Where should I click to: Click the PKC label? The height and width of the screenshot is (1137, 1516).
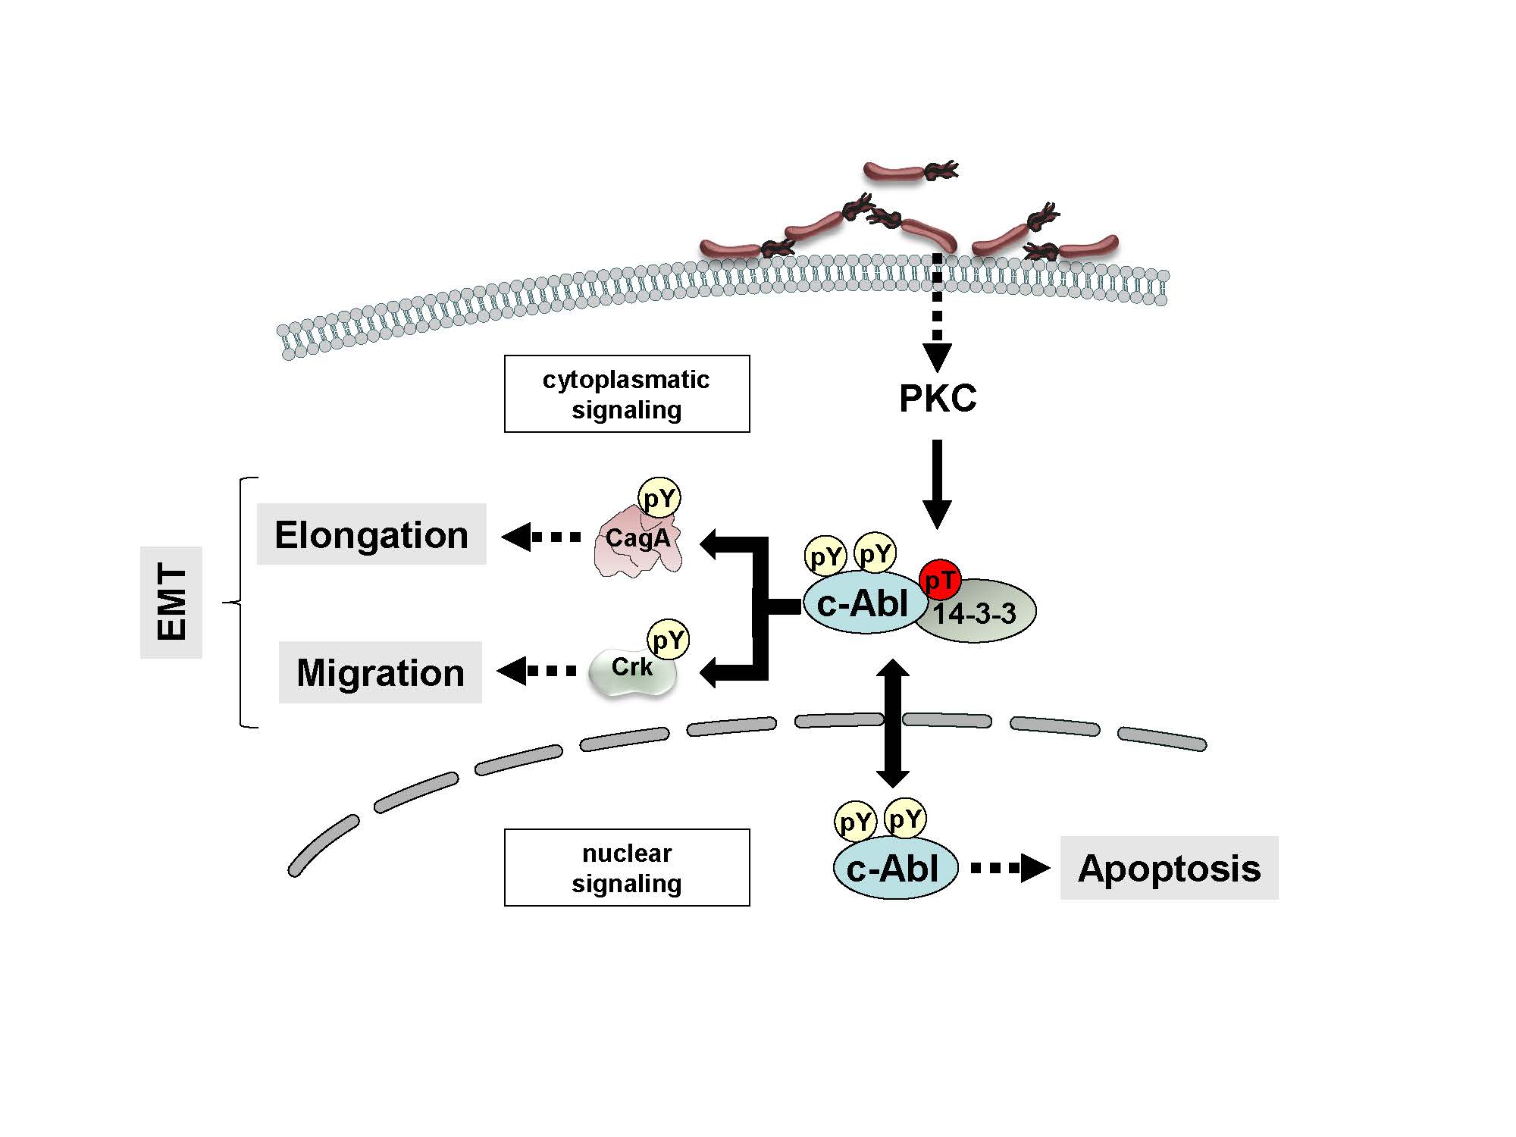938,399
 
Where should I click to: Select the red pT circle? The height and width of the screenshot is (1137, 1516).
940,581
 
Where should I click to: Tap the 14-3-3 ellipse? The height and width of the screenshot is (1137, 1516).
982,614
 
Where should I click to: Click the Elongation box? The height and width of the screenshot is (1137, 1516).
371,534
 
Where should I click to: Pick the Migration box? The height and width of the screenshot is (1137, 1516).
381,672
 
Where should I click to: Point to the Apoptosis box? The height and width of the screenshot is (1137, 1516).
1169,868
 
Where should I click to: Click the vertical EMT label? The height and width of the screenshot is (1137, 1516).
171,603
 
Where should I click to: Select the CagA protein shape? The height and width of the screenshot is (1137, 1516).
637,546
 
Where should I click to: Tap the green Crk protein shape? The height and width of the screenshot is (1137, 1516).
631,672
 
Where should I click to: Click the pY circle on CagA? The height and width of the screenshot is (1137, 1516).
659,498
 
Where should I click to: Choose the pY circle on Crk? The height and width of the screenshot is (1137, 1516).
669,640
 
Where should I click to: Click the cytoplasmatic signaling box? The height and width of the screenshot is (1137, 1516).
627,394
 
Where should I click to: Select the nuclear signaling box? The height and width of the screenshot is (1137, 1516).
627,868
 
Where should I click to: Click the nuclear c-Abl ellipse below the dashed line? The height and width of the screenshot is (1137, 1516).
894,869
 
